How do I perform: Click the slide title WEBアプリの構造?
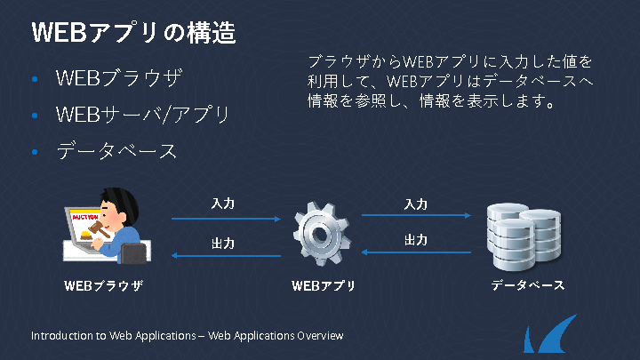133,33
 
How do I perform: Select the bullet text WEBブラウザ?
118,78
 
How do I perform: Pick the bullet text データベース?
116,151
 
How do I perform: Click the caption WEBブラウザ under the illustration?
103,286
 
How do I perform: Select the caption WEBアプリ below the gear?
323,286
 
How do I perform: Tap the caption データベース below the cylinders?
527,286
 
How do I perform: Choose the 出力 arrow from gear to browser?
227,256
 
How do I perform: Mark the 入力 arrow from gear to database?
416,215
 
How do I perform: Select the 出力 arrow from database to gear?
416,252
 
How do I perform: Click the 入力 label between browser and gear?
223,204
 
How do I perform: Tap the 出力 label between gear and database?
416,240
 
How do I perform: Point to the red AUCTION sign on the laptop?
84,217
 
